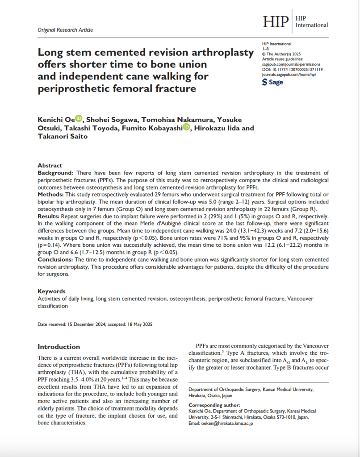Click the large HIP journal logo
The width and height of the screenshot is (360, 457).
click(276, 21)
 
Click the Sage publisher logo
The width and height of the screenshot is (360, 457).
click(272, 82)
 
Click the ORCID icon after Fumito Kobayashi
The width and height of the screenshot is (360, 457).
click(186, 128)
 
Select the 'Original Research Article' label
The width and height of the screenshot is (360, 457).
click(65, 30)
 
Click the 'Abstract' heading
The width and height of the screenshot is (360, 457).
click(50, 166)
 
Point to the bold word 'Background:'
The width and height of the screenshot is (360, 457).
click(55, 173)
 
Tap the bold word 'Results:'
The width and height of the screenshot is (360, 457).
click(50, 216)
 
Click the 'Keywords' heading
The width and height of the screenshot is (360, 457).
click(51, 291)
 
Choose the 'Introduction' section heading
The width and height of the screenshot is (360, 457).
click(59, 346)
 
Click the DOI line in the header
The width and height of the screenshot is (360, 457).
click(293, 70)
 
